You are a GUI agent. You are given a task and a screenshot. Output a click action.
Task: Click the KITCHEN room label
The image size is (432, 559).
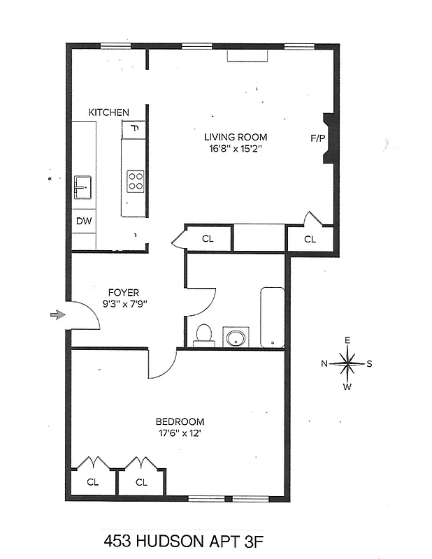click(108, 112)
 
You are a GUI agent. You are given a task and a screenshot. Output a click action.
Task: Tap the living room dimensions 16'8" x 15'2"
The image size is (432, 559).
click(236, 149)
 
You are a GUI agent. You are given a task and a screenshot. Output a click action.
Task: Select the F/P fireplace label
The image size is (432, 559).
click(317, 138)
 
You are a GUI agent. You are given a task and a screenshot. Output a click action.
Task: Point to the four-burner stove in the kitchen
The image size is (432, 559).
click(134, 182)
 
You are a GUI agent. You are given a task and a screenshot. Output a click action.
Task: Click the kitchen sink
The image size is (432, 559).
click(83, 187)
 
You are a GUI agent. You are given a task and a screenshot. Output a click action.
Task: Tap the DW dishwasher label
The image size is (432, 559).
click(83, 222)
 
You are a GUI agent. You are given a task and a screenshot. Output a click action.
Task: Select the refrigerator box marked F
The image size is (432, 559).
click(134, 129)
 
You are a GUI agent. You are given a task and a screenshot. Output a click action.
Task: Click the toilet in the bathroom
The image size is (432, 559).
click(203, 335)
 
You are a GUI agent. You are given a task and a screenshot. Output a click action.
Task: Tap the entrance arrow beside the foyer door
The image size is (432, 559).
click(57, 315)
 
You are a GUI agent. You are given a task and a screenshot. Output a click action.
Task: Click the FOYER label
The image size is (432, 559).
click(123, 293)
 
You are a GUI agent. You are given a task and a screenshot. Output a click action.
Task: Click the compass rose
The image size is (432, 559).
click(347, 363)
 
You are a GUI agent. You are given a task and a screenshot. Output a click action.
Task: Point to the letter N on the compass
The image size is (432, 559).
click(324, 363)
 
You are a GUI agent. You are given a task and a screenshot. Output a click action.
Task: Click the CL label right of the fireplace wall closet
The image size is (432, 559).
click(310, 239)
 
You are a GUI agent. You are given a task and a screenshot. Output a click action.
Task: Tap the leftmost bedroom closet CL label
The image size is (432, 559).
click(93, 482)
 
